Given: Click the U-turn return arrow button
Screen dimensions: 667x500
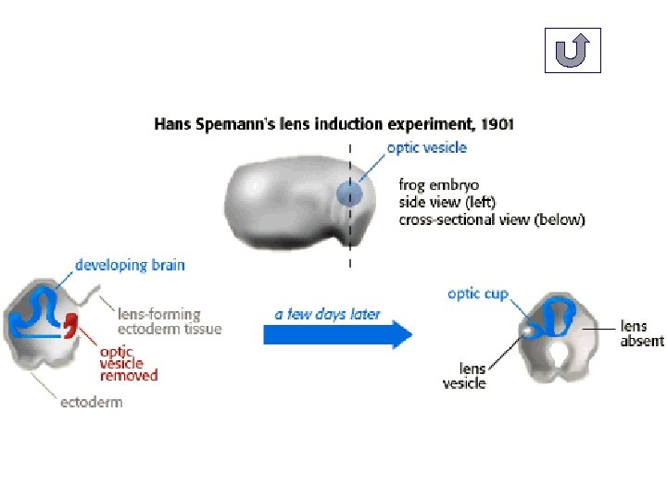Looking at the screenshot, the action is coord(572,50).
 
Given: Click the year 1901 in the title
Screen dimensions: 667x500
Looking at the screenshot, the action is coord(495,123).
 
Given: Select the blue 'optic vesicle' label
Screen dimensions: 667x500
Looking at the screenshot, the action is coord(426,147).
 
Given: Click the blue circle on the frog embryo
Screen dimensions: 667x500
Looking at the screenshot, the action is coord(348,194).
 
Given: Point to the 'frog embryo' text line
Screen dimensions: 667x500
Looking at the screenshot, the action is coord(438,185).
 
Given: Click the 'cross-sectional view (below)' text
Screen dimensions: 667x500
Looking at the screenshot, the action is coord(491,219).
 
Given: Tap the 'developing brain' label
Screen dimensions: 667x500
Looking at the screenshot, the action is coord(130,265).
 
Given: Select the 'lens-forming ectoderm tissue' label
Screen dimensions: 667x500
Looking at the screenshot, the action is coord(169,321).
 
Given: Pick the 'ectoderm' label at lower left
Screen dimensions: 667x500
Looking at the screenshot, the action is coord(91,402).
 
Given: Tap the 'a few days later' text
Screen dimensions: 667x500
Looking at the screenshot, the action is coord(327,314).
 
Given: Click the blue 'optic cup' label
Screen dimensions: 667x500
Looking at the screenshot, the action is coord(478,294).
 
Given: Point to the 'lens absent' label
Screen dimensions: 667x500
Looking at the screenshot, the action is coord(641,333).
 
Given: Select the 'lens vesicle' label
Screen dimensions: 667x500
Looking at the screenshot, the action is coord(464,376).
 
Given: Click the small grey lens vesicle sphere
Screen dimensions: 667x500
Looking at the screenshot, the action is coord(526,329).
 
